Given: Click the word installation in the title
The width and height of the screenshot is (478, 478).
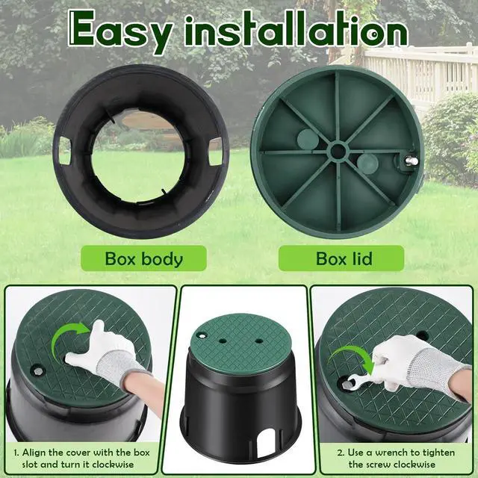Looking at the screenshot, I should [x=294, y=30].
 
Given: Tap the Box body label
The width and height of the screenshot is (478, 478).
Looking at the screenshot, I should [x=144, y=260].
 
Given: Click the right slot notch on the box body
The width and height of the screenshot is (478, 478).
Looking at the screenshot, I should [x=216, y=153].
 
